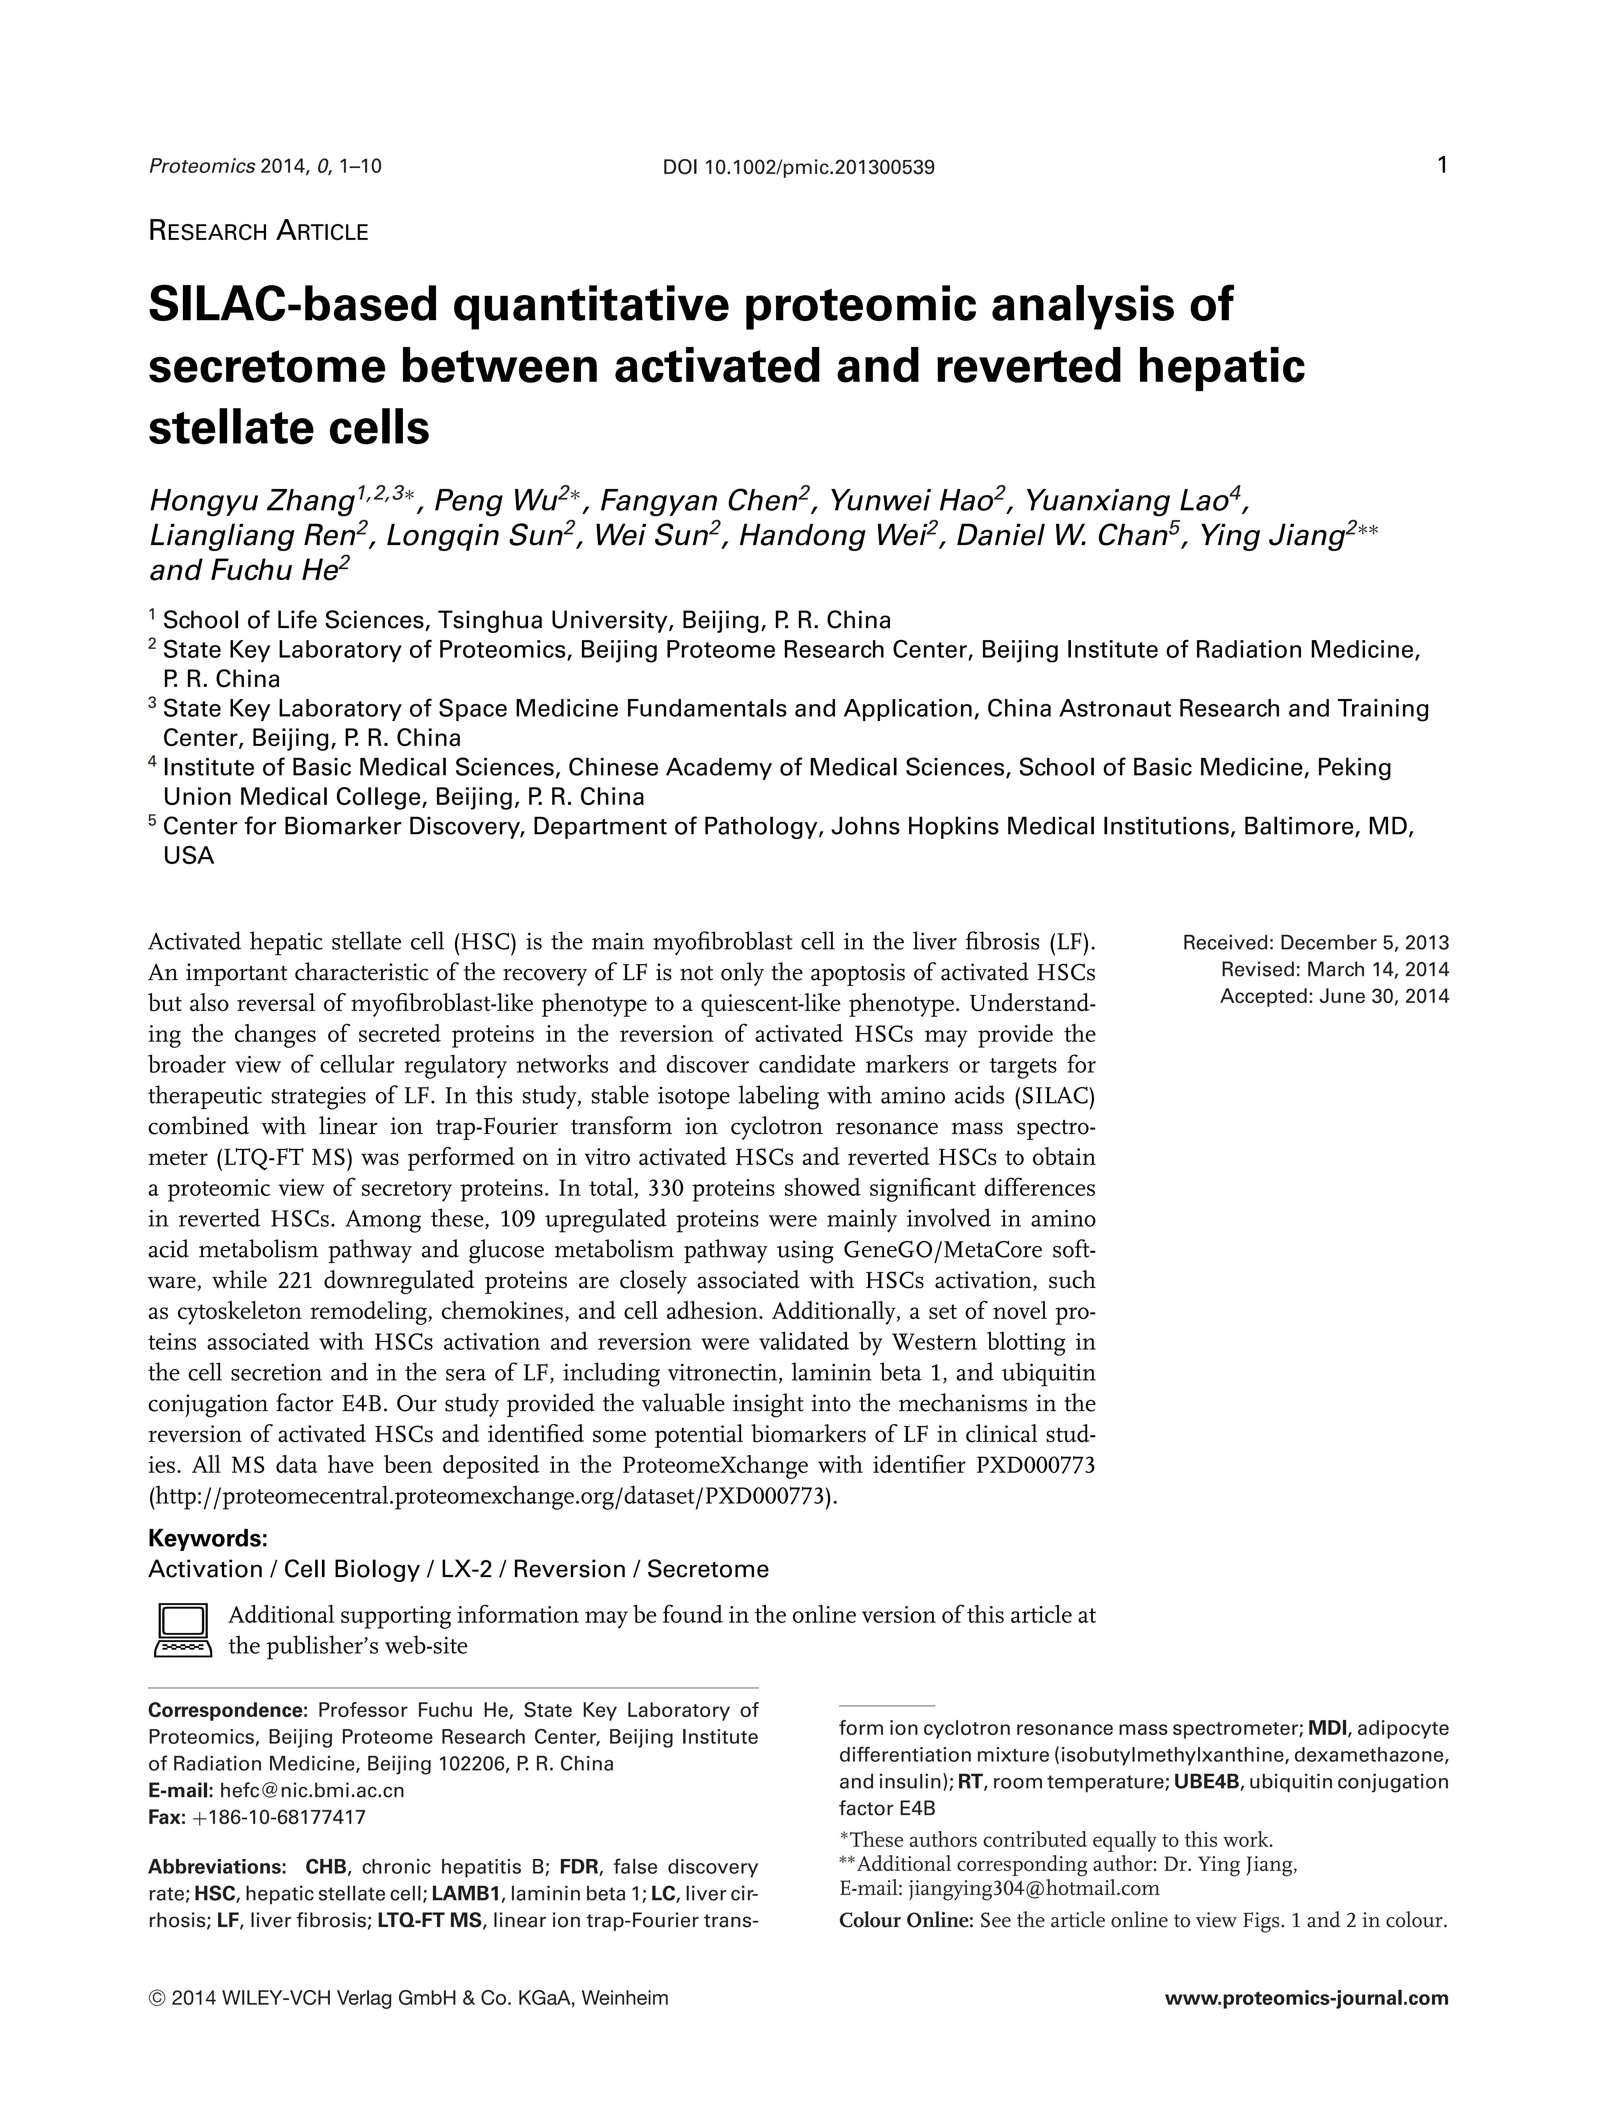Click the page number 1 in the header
click(x=1441, y=165)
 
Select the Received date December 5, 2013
click(x=1364, y=943)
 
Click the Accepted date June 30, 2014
click(x=1384, y=996)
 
